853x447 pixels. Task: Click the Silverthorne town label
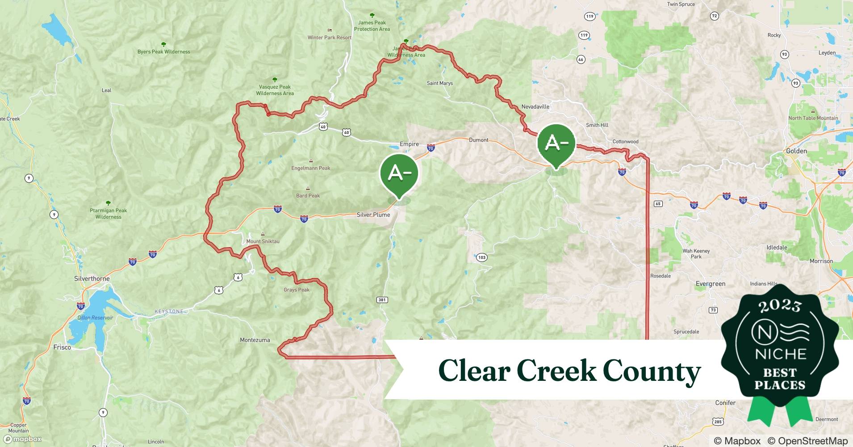92,278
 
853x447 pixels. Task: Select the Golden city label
796,151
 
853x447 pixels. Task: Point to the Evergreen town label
710,284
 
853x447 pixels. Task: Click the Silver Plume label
373,215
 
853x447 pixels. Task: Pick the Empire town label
409,144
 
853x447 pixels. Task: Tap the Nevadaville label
535,107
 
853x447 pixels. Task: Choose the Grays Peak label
296,290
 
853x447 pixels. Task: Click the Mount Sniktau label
263,241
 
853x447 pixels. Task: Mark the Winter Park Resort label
329,38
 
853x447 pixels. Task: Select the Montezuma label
255,340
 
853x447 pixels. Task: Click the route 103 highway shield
481,257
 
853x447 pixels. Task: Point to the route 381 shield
382,299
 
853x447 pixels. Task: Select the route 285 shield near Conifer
718,422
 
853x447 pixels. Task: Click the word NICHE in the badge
780,354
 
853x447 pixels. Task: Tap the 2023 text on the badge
780,306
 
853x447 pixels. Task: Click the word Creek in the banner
556,371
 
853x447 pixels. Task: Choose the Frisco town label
62,347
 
